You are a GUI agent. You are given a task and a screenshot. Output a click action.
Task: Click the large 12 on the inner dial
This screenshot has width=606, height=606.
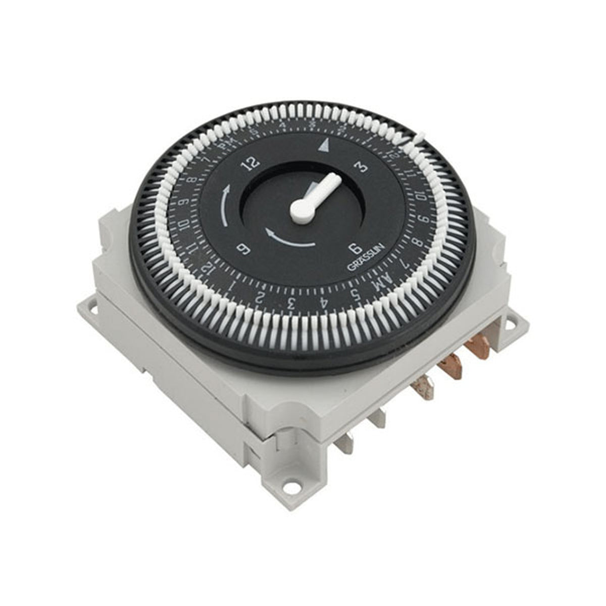[251, 163]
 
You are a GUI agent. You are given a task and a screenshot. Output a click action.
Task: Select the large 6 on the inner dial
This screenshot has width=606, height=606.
[355, 248]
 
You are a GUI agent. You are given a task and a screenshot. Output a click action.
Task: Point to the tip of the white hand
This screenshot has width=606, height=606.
[335, 180]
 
